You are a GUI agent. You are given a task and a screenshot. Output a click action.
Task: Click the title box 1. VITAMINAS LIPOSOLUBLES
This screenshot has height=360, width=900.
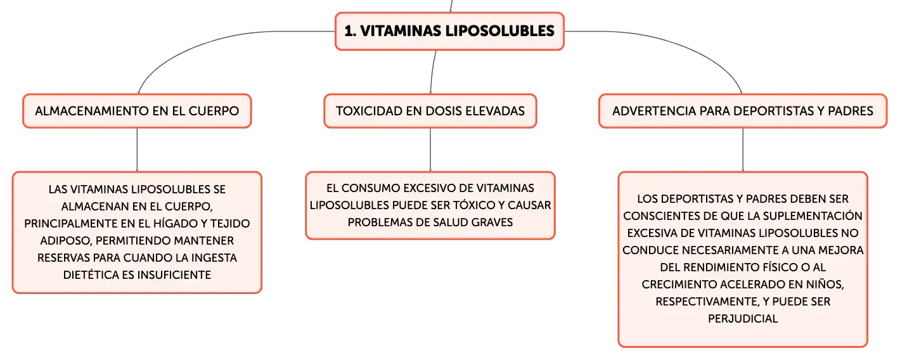click(449, 31)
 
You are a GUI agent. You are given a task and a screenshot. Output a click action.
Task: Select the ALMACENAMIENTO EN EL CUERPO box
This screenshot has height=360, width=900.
click(137, 111)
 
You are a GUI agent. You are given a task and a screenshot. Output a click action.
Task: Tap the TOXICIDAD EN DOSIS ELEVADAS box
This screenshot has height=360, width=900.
click(430, 111)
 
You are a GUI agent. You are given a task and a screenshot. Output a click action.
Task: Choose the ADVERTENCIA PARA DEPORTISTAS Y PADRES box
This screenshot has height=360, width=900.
click(743, 111)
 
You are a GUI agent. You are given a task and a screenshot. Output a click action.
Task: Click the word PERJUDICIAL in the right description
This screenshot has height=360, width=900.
click(743, 319)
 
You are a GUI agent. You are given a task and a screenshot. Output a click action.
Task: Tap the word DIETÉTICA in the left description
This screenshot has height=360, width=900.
click(91, 275)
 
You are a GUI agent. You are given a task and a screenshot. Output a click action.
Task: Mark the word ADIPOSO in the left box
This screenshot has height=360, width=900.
click(66, 241)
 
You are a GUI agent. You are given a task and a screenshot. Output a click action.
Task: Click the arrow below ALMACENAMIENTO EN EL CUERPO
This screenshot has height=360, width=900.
click(137, 150)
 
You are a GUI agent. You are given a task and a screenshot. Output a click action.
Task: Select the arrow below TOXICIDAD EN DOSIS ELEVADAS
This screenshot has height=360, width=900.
click(430, 150)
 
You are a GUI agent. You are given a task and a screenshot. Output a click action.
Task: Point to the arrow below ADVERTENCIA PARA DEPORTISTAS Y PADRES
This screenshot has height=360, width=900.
click(743, 150)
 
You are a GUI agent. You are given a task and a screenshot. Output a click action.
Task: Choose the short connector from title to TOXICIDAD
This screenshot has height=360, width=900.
click(432, 72)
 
